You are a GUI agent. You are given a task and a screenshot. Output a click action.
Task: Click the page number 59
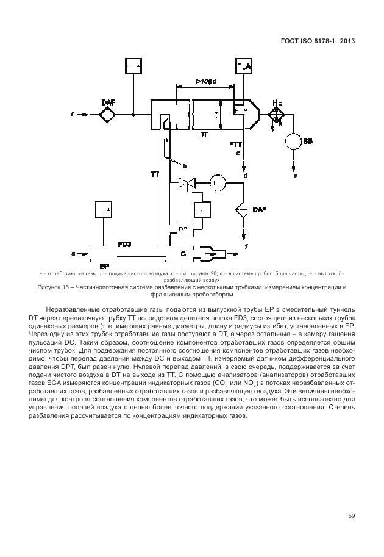pyautogui.click(x=352, y=516)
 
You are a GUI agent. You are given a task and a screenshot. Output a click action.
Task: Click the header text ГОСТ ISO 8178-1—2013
pyautogui.click(x=318, y=41)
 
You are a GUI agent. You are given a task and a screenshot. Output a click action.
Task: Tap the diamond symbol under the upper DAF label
pyautogui.click(x=107, y=113)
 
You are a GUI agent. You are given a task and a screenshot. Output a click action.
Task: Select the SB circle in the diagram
pyautogui.click(x=295, y=142)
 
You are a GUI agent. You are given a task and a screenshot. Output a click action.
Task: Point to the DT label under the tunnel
pyautogui.click(x=202, y=134)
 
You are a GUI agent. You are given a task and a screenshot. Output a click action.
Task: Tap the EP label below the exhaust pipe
pyautogui.click(x=104, y=266)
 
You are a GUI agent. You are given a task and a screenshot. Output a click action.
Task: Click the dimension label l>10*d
pyautogui.click(x=206, y=81)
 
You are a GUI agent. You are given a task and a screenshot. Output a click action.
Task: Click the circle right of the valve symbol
pyautogui.click(x=217, y=182)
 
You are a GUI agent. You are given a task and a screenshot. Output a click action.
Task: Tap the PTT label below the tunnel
pyautogui.click(x=236, y=145)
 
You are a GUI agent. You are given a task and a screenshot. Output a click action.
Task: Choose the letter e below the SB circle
pyautogui.click(x=295, y=176)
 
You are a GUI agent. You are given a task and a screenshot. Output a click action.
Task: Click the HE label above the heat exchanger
pyautogui.click(x=277, y=102)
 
